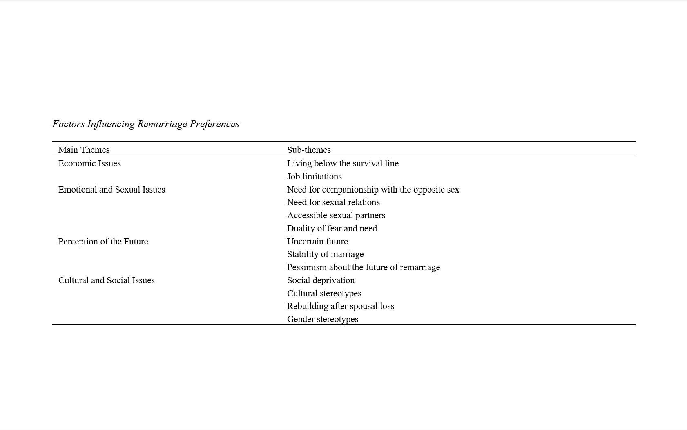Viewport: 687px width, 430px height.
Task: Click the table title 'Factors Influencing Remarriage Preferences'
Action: [x=145, y=124]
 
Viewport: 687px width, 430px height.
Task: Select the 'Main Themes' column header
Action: [x=84, y=150]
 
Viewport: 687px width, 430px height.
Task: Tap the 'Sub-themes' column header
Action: [x=309, y=150]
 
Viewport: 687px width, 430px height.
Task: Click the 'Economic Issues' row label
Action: [x=89, y=163]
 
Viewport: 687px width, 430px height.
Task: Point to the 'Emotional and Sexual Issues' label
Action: [x=112, y=190]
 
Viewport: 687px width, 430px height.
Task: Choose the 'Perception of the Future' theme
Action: [x=103, y=242]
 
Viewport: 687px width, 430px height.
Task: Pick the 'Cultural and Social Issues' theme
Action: [x=106, y=280]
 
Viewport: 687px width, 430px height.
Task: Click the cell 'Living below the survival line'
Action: [x=343, y=163]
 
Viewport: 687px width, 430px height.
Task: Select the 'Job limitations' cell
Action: [x=314, y=177]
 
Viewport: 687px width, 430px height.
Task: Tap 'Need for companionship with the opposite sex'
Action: [x=373, y=190]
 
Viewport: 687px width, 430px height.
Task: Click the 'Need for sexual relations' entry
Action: [x=333, y=202]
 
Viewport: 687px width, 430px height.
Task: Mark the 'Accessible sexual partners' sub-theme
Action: [x=336, y=215]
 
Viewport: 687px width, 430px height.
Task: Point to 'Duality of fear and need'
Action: [x=332, y=228]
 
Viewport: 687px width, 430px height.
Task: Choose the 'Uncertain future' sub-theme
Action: [x=317, y=242]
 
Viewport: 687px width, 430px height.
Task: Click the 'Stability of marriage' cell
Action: [x=325, y=254]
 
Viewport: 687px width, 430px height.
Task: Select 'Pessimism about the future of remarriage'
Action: [x=363, y=267]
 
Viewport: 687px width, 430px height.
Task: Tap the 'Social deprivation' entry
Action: [x=321, y=280]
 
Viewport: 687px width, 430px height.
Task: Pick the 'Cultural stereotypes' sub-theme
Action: [x=324, y=293]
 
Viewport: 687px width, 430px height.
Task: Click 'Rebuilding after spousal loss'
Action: [x=340, y=306]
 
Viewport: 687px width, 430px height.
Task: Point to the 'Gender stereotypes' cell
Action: [x=322, y=319]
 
